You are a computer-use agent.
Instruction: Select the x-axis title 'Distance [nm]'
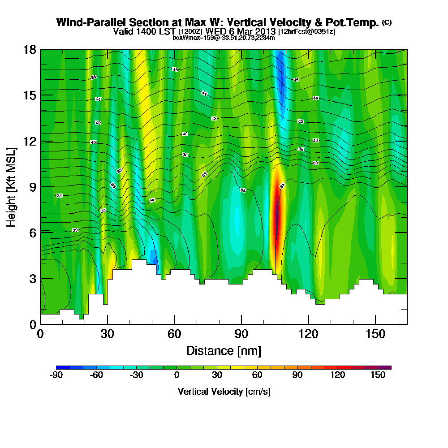click(x=224, y=350)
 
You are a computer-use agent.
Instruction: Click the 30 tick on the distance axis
click(x=107, y=334)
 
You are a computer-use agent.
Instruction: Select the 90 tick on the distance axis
click(x=241, y=334)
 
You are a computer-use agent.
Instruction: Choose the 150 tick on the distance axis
click(x=375, y=334)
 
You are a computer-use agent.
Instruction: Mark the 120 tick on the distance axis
click(x=308, y=334)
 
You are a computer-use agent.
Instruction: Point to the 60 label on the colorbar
click(x=257, y=375)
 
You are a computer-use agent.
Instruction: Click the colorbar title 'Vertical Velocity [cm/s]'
click(x=224, y=392)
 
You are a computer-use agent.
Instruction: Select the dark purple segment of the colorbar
click(x=388, y=367)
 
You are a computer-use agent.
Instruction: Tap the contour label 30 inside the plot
click(x=75, y=230)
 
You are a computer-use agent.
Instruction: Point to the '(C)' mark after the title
click(x=387, y=22)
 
